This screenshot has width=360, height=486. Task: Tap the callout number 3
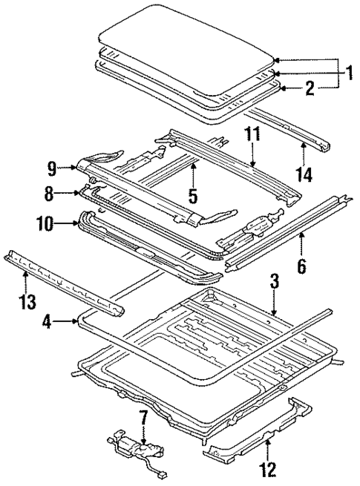pyautogui.click(x=274, y=281)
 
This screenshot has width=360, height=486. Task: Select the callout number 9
pyautogui.click(x=52, y=167)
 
